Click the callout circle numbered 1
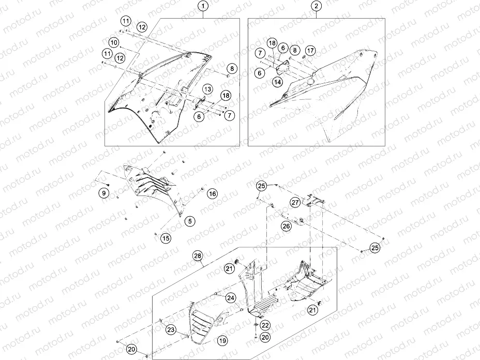(x=203, y=6)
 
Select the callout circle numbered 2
(x=316, y=6)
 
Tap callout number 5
(x=190, y=221)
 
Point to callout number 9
(x=104, y=193)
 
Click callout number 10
(x=114, y=42)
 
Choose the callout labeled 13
(x=207, y=89)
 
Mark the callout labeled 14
(x=277, y=82)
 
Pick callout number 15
(x=166, y=238)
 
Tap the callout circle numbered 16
(x=213, y=193)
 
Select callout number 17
(x=310, y=51)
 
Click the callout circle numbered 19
(x=222, y=340)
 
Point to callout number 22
(x=265, y=326)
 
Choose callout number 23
(x=171, y=329)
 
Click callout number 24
(x=231, y=298)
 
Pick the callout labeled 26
(x=286, y=227)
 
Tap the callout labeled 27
(x=295, y=202)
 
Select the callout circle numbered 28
(x=198, y=256)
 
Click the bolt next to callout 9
(x=109, y=185)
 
